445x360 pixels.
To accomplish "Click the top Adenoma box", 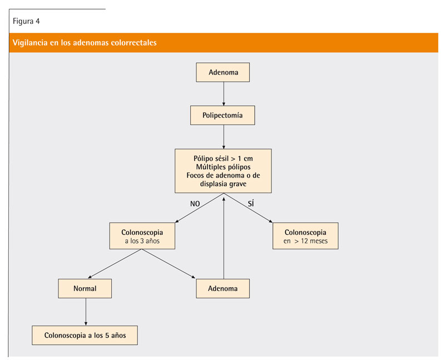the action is (223, 72).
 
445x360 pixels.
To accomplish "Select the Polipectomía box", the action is (222, 115).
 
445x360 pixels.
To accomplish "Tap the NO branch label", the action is (195, 204).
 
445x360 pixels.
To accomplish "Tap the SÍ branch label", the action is (251, 203).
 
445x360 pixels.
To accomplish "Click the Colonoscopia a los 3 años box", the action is (142, 236).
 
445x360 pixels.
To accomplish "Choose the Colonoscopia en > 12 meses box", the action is (305, 236).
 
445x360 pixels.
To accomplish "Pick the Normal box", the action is (85, 288).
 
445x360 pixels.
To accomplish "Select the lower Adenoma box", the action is (223, 288).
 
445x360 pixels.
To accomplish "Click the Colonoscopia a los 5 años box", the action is (85, 336).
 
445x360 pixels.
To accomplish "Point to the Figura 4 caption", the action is (26, 21).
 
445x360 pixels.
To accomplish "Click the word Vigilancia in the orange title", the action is (30, 43).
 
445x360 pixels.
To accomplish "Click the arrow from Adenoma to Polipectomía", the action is (224, 94).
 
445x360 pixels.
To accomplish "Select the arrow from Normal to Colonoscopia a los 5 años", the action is (86, 312).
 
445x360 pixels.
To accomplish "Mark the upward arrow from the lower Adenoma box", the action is (224, 238).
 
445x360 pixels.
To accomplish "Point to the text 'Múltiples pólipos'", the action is (224, 167).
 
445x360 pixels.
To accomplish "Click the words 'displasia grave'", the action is (224, 184).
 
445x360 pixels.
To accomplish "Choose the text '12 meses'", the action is (314, 241).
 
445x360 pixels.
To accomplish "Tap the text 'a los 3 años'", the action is (142, 241).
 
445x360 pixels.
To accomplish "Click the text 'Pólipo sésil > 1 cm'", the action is (224, 159).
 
